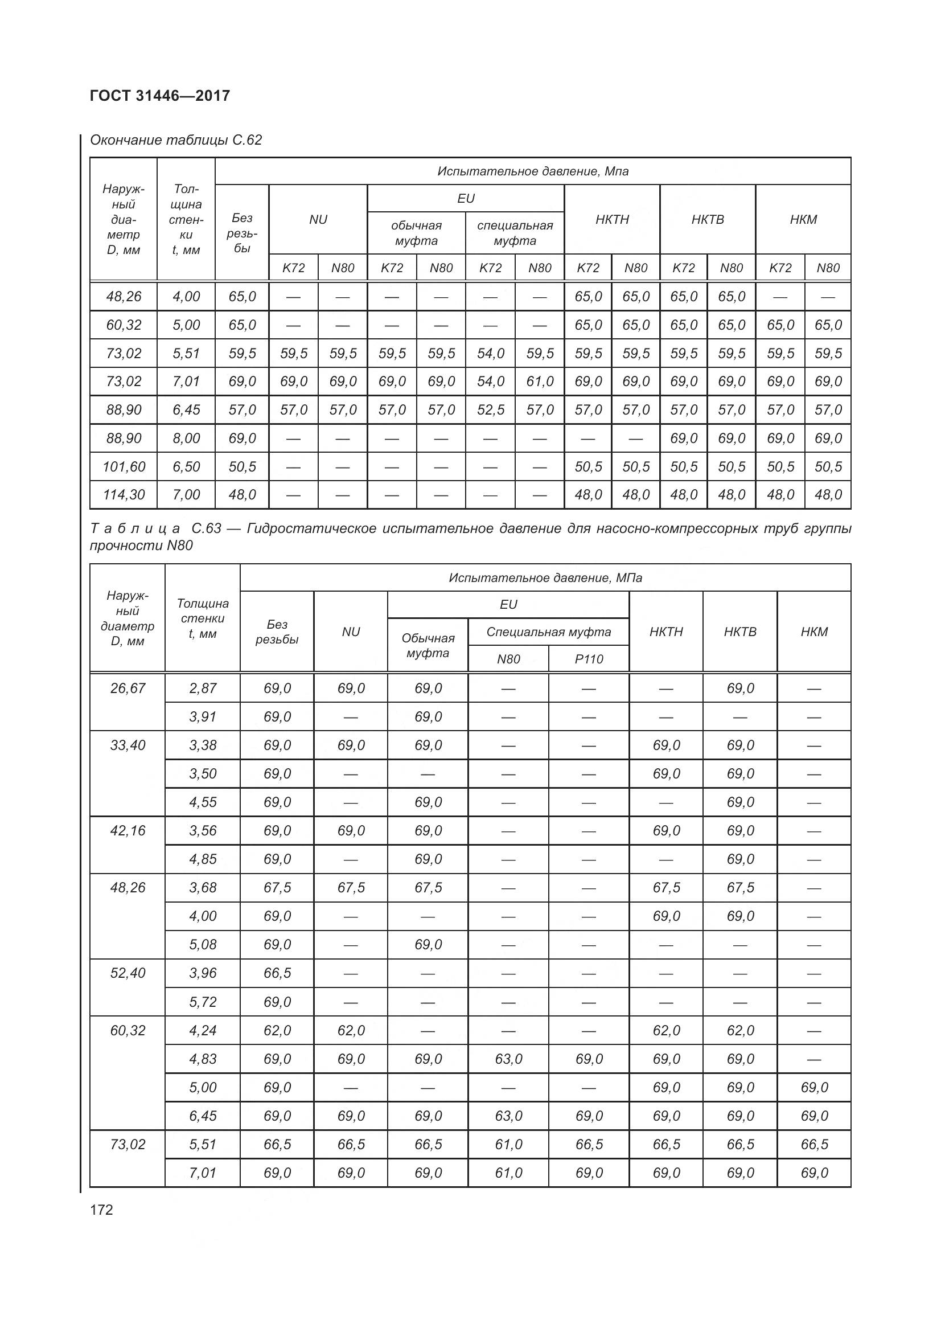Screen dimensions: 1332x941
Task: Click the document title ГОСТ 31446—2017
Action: (x=160, y=96)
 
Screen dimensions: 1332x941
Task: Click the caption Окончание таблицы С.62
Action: (x=176, y=140)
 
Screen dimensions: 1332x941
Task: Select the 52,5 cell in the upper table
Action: (x=491, y=410)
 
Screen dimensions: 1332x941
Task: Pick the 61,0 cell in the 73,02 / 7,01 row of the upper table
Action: (x=540, y=382)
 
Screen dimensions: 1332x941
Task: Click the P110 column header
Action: (x=589, y=659)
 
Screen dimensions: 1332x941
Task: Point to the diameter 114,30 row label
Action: (x=124, y=495)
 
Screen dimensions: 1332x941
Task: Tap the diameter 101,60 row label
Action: (x=124, y=466)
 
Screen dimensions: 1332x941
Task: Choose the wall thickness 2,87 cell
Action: (x=202, y=688)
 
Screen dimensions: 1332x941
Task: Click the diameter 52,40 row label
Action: (x=128, y=973)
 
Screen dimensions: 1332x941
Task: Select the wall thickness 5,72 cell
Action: (x=202, y=1002)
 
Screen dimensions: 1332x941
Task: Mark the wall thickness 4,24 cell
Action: (x=202, y=1030)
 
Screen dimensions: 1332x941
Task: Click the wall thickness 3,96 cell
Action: (x=202, y=973)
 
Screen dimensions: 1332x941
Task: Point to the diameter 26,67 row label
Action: (x=128, y=688)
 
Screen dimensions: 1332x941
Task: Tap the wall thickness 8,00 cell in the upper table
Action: (x=186, y=438)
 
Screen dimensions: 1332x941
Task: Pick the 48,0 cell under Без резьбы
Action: (x=242, y=495)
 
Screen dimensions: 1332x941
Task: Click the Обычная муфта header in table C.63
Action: (x=428, y=645)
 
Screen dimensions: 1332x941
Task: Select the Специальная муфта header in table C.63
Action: (x=548, y=632)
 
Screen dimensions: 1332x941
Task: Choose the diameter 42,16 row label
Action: (x=128, y=831)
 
